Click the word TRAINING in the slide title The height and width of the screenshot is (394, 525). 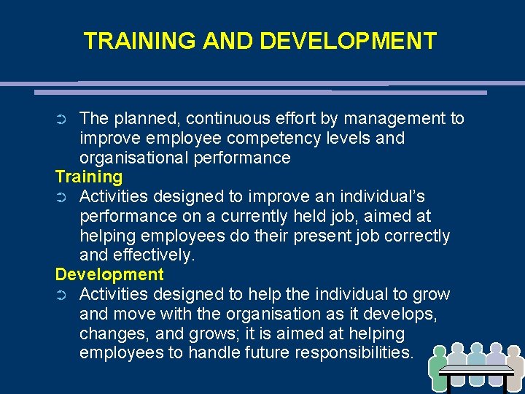[139, 41]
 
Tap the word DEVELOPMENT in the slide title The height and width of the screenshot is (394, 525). [349, 41]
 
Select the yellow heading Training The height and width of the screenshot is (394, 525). [89, 177]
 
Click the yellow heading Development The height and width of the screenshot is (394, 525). [109, 275]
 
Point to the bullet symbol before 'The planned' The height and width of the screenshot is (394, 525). [61, 119]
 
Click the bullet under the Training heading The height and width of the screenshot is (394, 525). [61, 198]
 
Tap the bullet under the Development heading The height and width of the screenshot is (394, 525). [61, 295]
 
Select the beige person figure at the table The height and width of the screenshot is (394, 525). [515, 368]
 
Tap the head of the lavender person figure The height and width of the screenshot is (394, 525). [495, 349]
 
